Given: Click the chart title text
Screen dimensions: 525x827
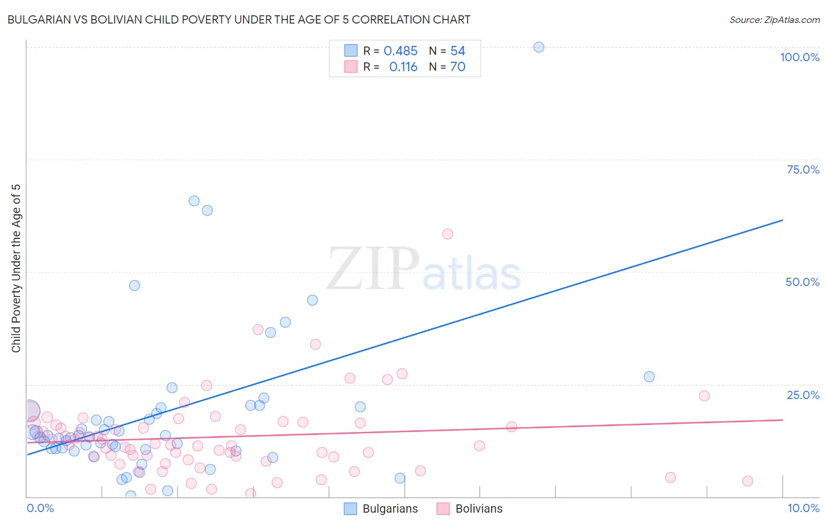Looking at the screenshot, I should pos(239,19).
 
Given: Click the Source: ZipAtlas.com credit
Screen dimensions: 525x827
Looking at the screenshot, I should pos(774,19).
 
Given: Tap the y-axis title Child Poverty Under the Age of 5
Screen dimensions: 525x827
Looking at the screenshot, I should pos(16,268).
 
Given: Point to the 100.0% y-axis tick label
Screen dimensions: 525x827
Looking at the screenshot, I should pos(799,57).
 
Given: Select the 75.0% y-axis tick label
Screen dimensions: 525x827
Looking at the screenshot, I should pos(803,170).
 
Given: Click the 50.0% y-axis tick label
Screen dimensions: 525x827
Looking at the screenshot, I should pos(802,282).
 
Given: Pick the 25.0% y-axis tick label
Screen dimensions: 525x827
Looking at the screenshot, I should pos(803,394).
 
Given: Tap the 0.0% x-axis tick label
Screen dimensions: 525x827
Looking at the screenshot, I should pos(40,508).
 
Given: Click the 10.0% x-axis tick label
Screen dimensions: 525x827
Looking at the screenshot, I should pos(803,508).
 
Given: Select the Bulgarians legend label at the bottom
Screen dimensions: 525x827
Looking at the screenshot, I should pos(390,509).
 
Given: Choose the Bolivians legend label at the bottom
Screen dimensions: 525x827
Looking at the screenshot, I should pos(479,509).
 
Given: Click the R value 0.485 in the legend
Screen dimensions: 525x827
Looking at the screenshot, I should pos(400,51).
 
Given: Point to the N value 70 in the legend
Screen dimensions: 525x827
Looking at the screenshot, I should pos(458,67).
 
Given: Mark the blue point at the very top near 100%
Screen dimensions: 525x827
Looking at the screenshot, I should pos(539,47).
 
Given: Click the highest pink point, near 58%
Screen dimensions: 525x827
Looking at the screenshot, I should pos(448,234).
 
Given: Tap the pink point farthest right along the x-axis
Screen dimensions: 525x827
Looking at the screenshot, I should pos(748,481).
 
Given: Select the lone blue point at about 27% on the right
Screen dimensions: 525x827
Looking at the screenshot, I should pos(649,377).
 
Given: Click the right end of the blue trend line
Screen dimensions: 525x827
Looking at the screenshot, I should pos(782,220).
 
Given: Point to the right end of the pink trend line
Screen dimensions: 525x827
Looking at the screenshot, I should pos(782,420).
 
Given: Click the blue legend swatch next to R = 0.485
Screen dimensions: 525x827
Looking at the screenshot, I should pos(351,51).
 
